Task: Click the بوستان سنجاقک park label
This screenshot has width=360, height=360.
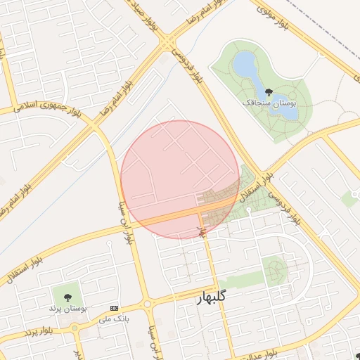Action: [x=269, y=103]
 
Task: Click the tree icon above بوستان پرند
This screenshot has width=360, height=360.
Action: [x=67, y=297]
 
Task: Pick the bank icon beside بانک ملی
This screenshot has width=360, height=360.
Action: [x=115, y=308]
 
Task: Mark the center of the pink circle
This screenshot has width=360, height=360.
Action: [x=180, y=179]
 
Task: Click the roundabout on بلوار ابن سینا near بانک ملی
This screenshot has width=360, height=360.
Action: [x=147, y=304]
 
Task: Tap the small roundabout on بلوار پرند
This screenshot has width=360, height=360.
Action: [x=75, y=328]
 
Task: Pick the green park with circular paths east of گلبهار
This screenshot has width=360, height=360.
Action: [x=275, y=268]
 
